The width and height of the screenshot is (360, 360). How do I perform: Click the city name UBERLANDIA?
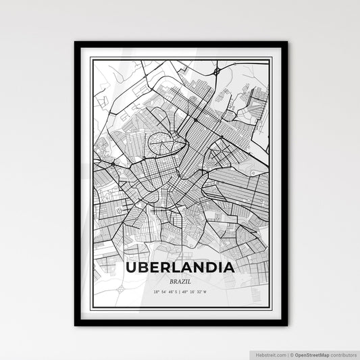(x=180, y=267)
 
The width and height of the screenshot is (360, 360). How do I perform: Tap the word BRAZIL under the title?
(x=180, y=280)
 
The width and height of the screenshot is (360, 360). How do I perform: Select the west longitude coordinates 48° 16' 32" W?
(x=200, y=292)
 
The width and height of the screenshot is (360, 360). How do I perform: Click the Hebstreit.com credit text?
(x=269, y=354)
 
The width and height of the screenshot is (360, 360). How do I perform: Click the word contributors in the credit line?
(x=343, y=354)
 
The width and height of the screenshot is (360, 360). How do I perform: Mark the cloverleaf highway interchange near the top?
(x=217, y=70)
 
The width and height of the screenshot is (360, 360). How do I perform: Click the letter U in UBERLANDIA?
(x=131, y=267)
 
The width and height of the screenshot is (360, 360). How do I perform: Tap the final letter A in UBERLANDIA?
(x=229, y=267)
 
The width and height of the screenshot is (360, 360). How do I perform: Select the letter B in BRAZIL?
(x=171, y=280)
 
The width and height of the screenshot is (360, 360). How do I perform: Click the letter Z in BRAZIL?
(x=182, y=280)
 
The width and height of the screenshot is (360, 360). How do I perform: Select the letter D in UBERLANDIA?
(x=208, y=267)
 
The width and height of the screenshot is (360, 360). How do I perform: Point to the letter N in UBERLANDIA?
(x=195, y=267)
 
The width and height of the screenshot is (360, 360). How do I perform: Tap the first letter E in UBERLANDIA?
(x=153, y=267)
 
